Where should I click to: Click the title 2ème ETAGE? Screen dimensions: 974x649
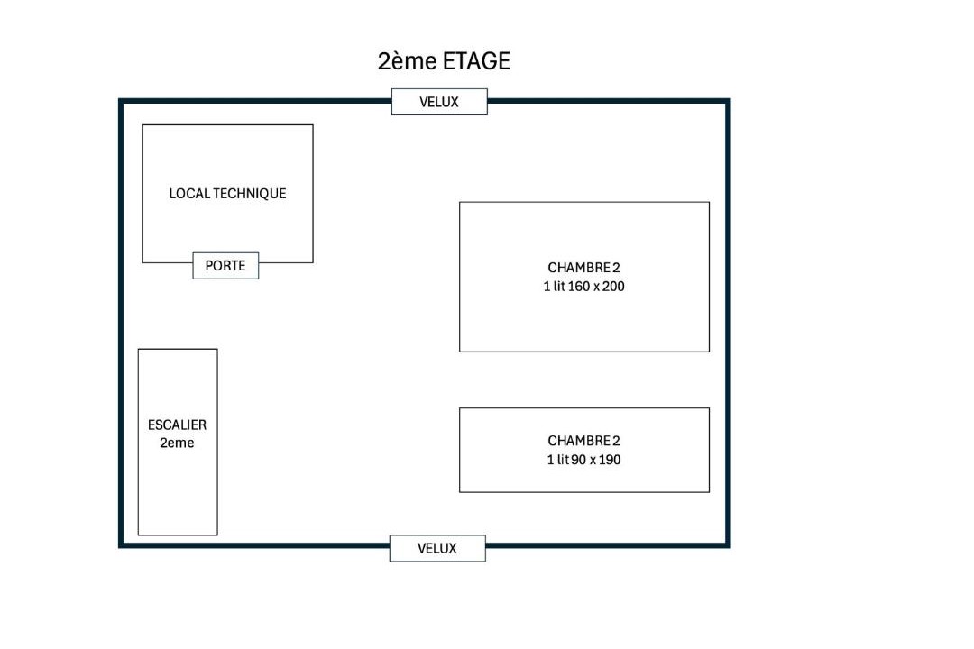[x=444, y=61]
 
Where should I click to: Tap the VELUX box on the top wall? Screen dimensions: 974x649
[x=439, y=102]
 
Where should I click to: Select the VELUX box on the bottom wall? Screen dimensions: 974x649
[x=437, y=548]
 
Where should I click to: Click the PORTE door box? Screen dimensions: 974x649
[x=225, y=266]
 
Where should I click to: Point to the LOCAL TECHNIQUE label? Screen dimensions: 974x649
[x=227, y=194]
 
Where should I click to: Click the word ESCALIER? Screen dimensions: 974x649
[x=177, y=425]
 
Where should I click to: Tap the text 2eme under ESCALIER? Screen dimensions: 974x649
[x=177, y=443]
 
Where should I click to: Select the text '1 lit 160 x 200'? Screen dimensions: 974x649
[x=583, y=287]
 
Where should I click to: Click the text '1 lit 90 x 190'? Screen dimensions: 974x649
[x=583, y=460]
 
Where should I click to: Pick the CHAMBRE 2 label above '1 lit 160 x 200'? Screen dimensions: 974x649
[x=583, y=268]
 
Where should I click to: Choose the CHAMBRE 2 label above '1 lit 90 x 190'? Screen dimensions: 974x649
[x=583, y=441]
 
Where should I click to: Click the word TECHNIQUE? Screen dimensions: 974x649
[x=250, y=194]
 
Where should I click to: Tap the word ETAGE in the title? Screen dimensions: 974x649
[x=476, y=61]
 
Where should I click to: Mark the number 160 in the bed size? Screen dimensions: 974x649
[x=578, y=287]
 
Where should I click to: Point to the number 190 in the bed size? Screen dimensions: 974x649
[x=610, y=460]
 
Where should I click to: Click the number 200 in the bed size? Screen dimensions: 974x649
[x=613, y=287]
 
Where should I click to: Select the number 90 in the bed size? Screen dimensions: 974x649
[x=578, y=460]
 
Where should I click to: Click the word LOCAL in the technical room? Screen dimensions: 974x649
[x=189, y=194]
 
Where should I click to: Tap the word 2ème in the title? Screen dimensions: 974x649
[x=408, y=61]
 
